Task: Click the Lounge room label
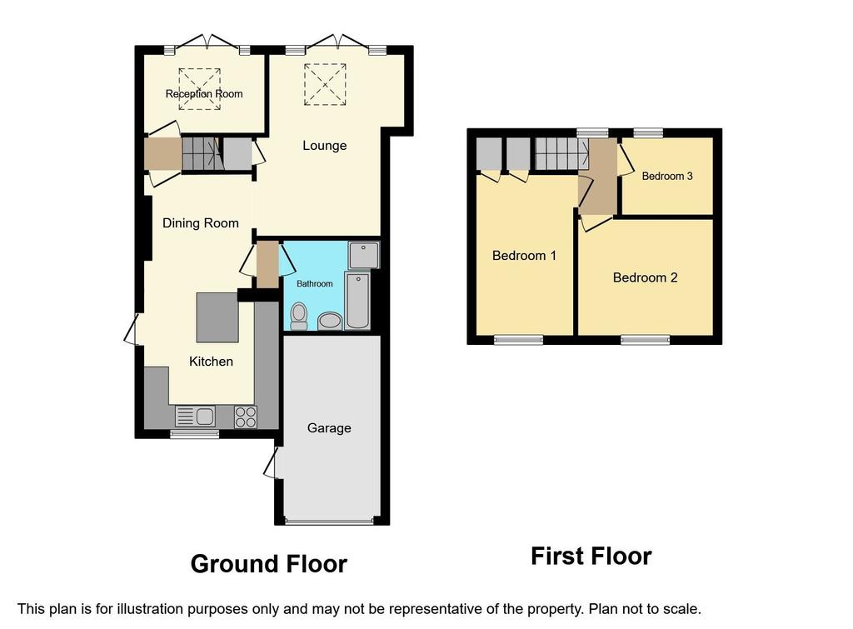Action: point(324,145)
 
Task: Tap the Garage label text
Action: point(329,428)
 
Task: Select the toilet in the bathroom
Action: point(299,316)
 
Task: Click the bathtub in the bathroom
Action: point(357,301)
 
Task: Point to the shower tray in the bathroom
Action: point(363,255)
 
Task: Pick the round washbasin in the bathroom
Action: point(330,321)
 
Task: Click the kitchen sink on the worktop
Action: point(195,417)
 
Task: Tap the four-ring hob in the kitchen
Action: point(246,417)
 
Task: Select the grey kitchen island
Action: point(217,317)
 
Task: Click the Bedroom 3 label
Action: point(667,176)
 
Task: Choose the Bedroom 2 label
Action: point(646,277)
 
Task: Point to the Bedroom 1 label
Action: point(524,255)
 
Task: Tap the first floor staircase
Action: point(561,153)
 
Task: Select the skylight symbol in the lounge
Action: point(326,85)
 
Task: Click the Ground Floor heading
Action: point(269,564)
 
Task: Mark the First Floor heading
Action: point(591,556)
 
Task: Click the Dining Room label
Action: point(201,222)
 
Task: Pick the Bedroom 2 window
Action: point(646,340)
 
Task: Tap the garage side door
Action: point(271,463)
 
